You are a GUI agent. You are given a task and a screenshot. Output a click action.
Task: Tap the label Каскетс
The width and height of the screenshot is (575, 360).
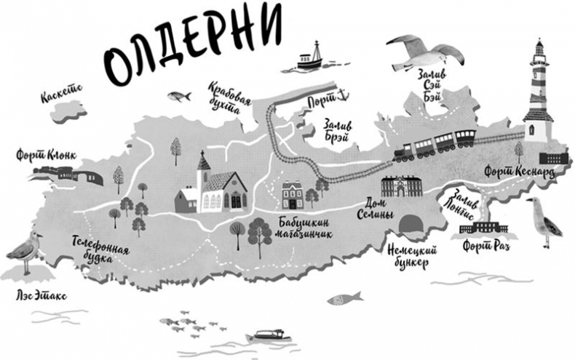(62, 94)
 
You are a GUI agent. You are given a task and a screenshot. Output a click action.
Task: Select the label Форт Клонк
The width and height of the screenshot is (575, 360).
(45, 156)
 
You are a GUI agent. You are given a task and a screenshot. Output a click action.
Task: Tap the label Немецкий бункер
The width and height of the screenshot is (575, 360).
(403, 255)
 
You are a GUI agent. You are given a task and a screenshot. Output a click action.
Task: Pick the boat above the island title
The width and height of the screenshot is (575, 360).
(307, 57)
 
